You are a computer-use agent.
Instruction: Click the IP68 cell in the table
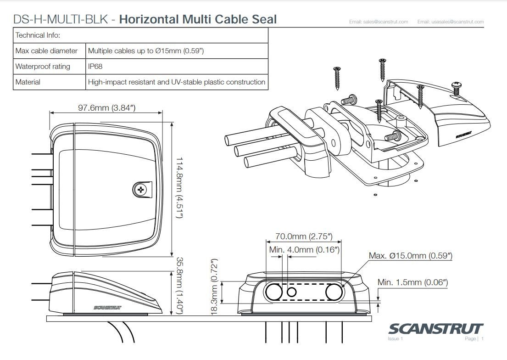tap(95, 67)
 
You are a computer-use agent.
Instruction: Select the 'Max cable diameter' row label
tap(46, 51)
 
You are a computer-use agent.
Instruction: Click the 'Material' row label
tap(28, 82)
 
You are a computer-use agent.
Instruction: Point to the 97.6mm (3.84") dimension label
tap(106, 108)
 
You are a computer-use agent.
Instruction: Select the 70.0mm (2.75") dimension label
tap(303, 237)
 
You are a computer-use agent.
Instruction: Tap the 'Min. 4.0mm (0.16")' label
tap(304, 249)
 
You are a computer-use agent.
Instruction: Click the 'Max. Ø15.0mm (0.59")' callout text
tap(411, 256)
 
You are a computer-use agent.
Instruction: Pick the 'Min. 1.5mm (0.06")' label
tap(412, 282)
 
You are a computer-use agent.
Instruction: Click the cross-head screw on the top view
tap(141, 189)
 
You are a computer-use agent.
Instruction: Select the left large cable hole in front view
tap(274, 291)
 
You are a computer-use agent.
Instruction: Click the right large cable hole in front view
tap(334, 291)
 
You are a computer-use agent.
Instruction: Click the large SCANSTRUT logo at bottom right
tap(435, 329)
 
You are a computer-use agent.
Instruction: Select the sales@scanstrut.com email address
tap(379, 22)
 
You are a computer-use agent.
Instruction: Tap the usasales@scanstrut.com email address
tap(451, 22)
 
